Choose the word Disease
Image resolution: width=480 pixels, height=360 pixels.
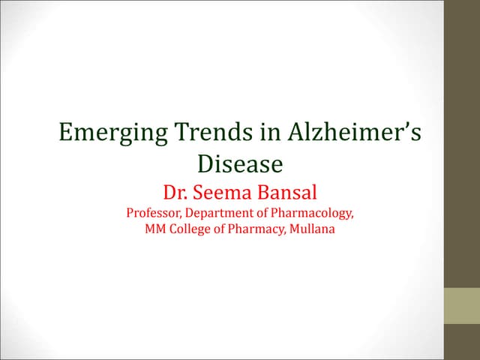click(x=239, y=163)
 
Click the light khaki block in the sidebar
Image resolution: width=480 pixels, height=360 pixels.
click(x=462, y=307)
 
